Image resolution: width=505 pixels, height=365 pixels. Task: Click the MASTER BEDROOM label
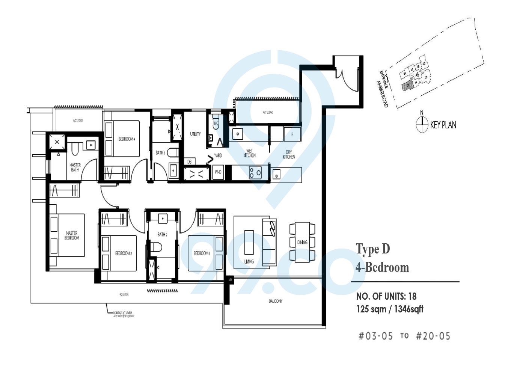coord(72,235)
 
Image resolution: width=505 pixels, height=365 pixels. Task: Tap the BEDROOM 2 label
coord(123,253)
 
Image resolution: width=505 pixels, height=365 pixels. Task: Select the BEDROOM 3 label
coord(202,253)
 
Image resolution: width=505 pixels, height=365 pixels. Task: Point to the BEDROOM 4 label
coord(127,139)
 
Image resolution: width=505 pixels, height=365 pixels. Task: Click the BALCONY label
coord(276,301)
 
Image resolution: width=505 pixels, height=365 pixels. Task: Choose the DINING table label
coord(302,242)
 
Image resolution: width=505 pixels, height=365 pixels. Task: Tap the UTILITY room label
coord(195,134)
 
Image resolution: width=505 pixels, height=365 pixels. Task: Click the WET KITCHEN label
coord(249,153)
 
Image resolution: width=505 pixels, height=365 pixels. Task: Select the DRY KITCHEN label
coord(289,154)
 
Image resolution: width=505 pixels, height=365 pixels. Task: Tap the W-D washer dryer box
coord(218,172)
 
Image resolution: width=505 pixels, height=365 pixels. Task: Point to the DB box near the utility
coord(189,162)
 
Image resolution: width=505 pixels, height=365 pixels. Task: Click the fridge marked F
coord(292,134)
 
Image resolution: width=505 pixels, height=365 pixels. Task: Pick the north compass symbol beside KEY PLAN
coord(422,124)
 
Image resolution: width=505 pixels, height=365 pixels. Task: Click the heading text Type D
coord(373,249)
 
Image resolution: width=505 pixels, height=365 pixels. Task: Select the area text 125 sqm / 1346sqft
coord(390,309)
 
